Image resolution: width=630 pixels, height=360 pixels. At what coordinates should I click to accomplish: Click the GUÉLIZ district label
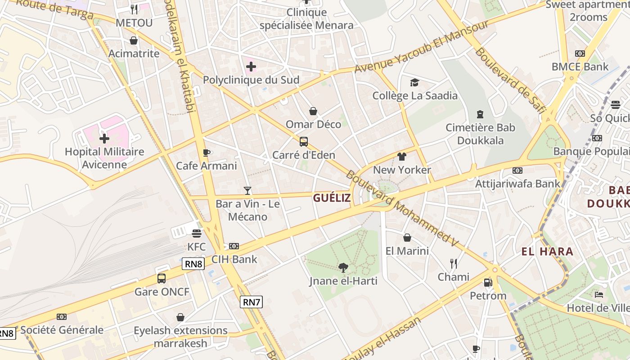[x=332, y=198]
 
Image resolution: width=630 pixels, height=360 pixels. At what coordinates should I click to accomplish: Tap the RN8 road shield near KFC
[x=193, y=264]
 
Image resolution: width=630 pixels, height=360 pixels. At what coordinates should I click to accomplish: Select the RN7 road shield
[x=251, y=302]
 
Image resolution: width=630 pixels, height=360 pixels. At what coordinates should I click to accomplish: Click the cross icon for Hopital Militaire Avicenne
[x=104, y=138]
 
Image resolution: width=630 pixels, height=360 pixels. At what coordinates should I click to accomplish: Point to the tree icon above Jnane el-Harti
[x=343, y=268]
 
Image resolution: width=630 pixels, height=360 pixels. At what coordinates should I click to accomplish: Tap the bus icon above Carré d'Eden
[x=304, y=142]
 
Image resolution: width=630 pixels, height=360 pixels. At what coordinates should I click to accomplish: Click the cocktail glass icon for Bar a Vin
[x=247, y=191]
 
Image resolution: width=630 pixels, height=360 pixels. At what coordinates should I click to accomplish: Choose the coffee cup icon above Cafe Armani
[x=207, y=153]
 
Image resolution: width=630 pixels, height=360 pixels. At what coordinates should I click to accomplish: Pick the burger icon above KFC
[x=197, y=234]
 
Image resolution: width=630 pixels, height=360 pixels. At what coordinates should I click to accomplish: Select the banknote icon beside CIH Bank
[x=234, y=246]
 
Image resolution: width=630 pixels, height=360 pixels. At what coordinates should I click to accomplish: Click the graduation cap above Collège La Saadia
[x=414, y=82]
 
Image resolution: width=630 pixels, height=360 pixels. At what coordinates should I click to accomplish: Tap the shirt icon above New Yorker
[x=402, y=157]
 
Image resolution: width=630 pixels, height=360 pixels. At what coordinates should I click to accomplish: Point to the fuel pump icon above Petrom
[x=488, y=283]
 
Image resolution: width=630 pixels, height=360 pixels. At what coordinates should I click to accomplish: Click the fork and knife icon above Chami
[x=454, y=264]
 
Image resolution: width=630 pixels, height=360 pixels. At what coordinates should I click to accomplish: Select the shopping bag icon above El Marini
[x=407, y=238]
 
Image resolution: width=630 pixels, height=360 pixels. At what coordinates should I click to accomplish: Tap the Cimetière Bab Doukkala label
[x=480, y=134]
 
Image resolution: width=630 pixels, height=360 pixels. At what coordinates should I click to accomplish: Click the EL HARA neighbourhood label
[x=547, y=252]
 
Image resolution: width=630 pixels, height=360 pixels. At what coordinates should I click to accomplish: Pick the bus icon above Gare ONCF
[x=162, y=279]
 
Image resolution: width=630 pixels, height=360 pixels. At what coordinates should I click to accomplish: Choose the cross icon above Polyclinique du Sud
[x=251, y=67]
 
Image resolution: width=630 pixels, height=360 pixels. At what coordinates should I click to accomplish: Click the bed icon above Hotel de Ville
[x=599, y=295]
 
